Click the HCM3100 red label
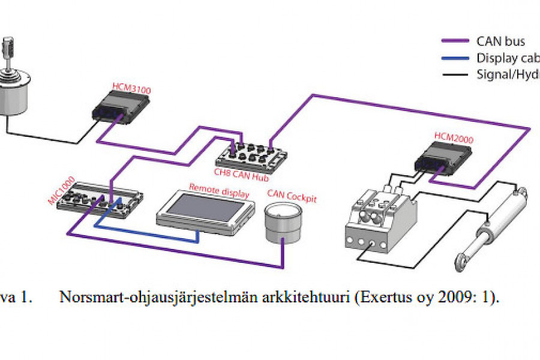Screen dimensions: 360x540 tap(131, 89)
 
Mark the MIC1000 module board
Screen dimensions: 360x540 tap(104, 201)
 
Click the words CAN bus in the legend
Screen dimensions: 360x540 tap(500, 41)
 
